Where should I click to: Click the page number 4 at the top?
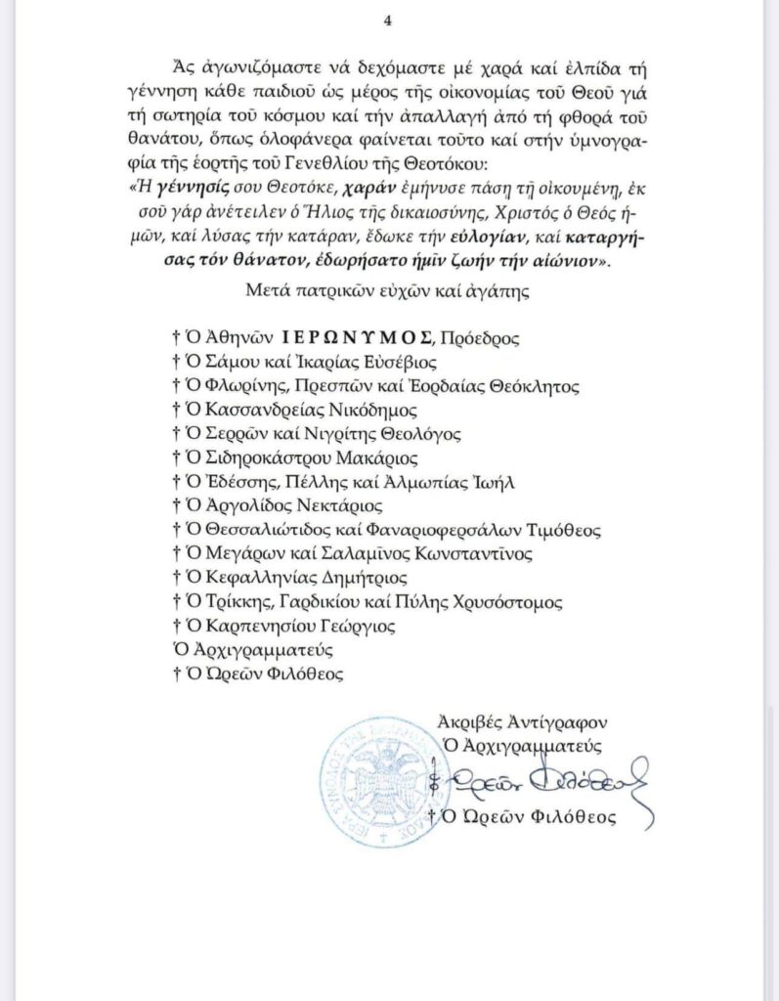(389, 21)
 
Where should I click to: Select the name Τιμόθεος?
(560, 530)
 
